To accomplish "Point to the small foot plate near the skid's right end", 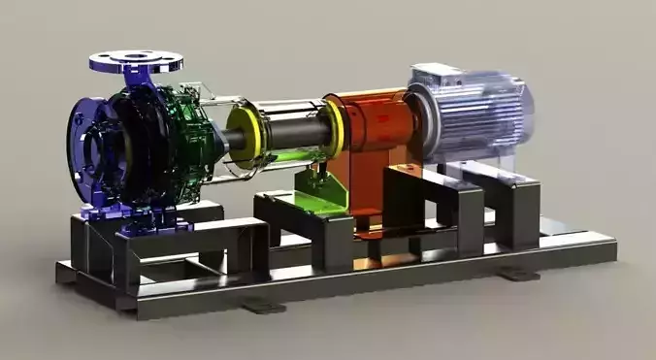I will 520,276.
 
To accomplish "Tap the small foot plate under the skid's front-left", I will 262,308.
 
